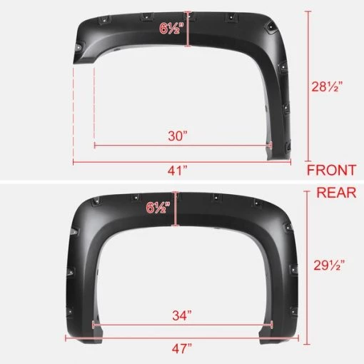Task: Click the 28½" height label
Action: (331, 86)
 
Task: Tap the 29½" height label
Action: (331, 264)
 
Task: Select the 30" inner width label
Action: (179, 134)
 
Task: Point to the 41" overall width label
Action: (178, 171)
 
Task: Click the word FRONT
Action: (331, 171)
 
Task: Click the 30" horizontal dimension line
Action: (214, 146)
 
